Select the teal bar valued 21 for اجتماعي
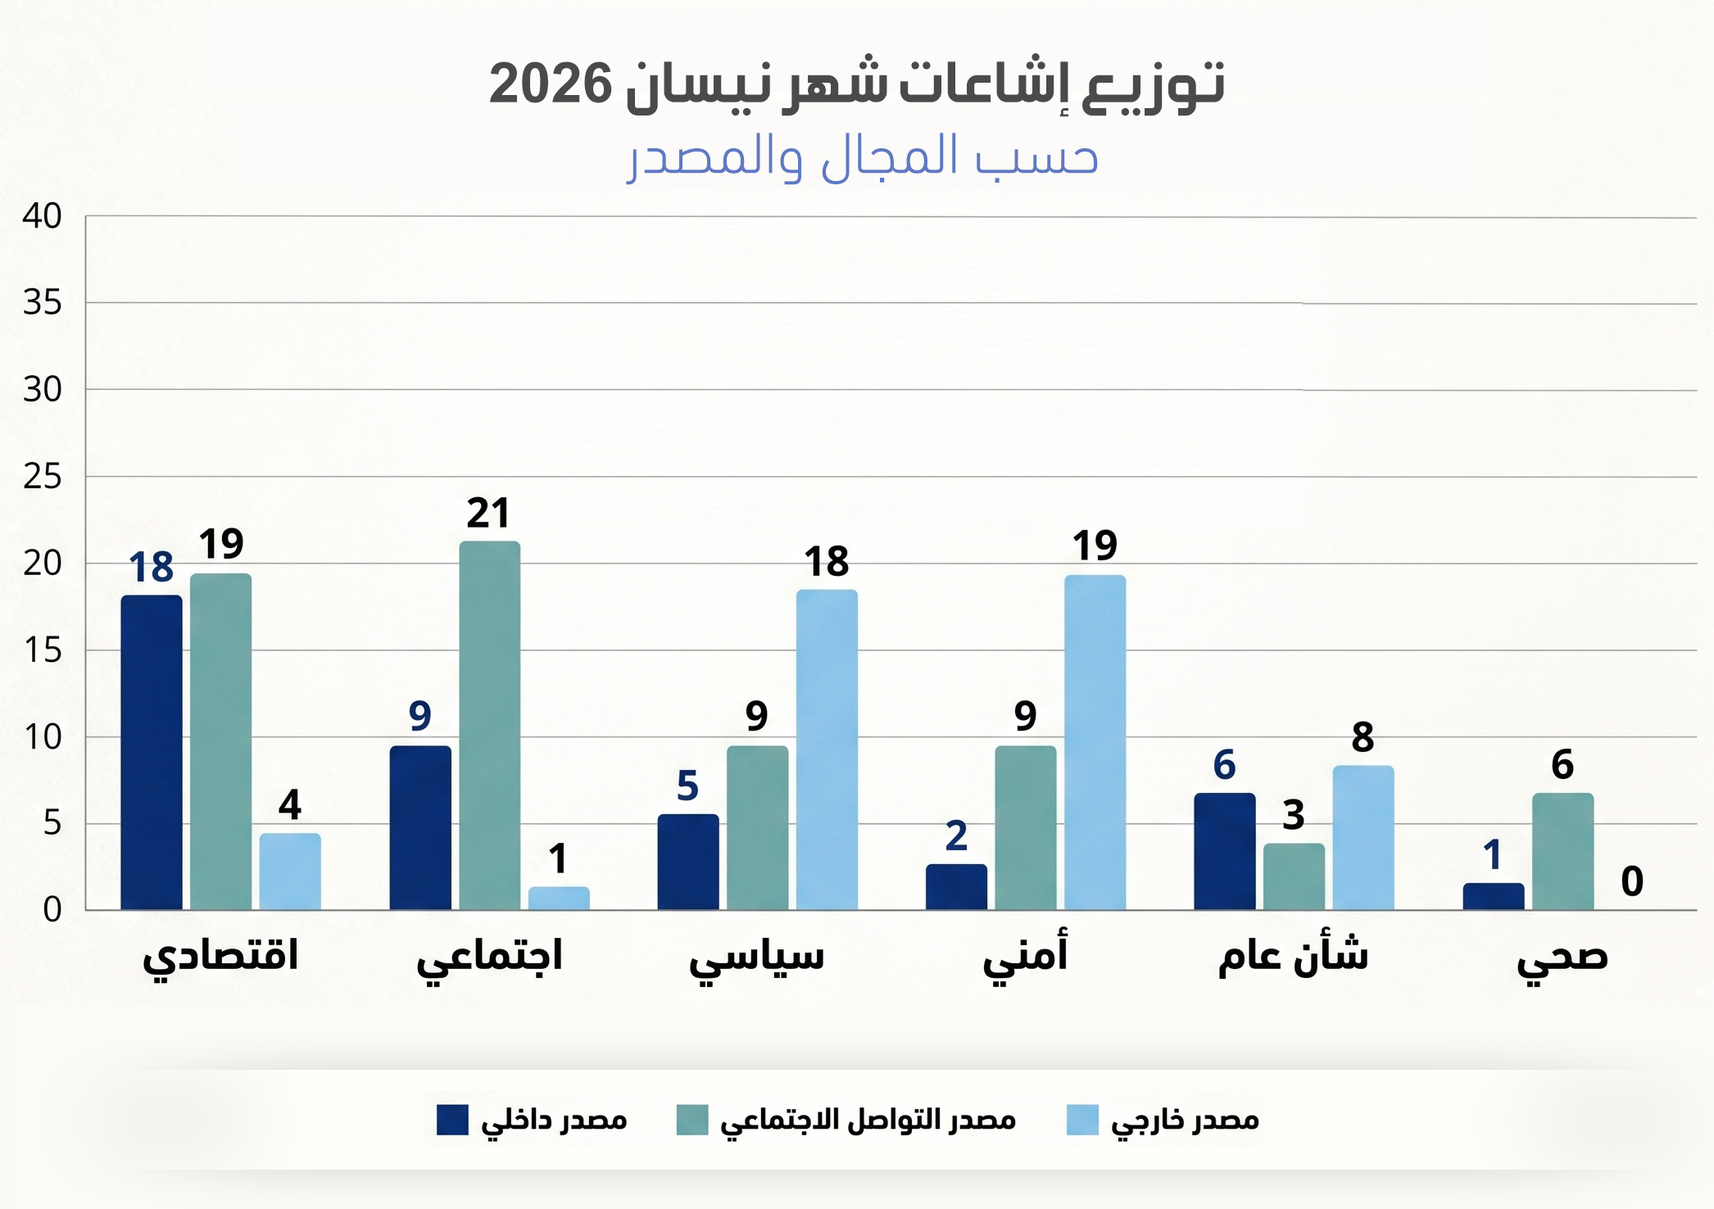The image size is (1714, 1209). [489, 725]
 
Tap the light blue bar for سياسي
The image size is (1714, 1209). [827, 749]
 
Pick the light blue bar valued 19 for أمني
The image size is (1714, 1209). [1095, 742]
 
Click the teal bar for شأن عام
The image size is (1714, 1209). [1294, 876]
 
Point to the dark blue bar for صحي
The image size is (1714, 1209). [1493, 896]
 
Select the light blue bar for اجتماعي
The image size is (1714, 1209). [559, 898]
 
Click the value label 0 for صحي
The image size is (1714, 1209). [1631, 881]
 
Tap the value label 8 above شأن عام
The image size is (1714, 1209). [1363, 737]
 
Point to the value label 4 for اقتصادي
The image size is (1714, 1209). [290, 804]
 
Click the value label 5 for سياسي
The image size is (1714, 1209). [687, 786]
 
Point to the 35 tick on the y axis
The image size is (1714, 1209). [43, 303]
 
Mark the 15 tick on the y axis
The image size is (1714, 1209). [43, 650]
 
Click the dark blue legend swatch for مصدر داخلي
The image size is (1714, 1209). [452, 1120]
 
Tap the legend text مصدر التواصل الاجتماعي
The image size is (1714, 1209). [868, 1120]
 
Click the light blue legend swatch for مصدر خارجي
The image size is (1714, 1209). [1081, 1120]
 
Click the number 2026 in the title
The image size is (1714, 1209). [551, 84]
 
